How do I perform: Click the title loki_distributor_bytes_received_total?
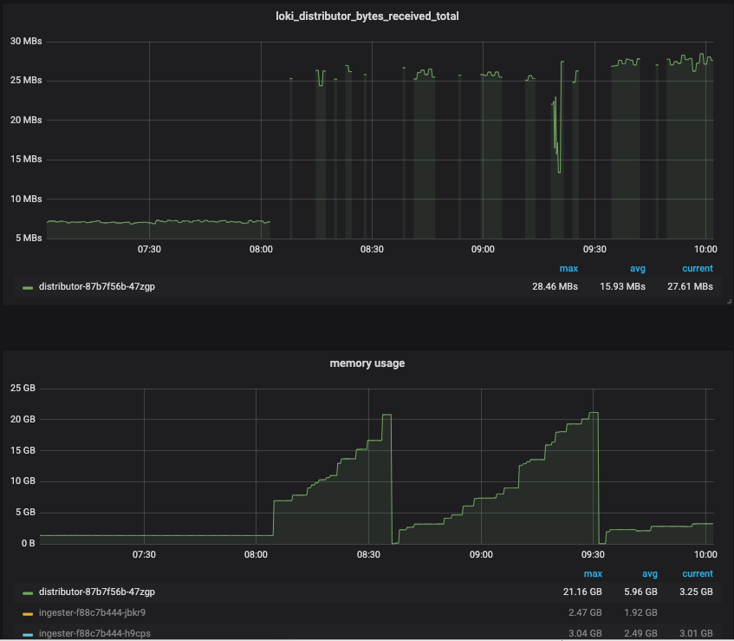[x=367, y=16]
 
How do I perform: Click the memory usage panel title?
[x=367, y=363]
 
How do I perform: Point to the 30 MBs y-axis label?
[x=25, y=42]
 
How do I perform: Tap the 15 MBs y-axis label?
[x=25, y=160]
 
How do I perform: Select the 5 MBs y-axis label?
[x=28, y=238]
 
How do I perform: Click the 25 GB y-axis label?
[x=23, y=388]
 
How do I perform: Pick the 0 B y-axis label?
[x=27, y=544]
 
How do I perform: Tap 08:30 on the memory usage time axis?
[x=368, y=554]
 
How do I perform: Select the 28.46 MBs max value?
[x=555, y=286]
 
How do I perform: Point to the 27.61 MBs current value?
[x=691, y=286]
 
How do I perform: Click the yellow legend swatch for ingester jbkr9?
[x=28, y=613]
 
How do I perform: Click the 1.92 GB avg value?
[x=640, y=612]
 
